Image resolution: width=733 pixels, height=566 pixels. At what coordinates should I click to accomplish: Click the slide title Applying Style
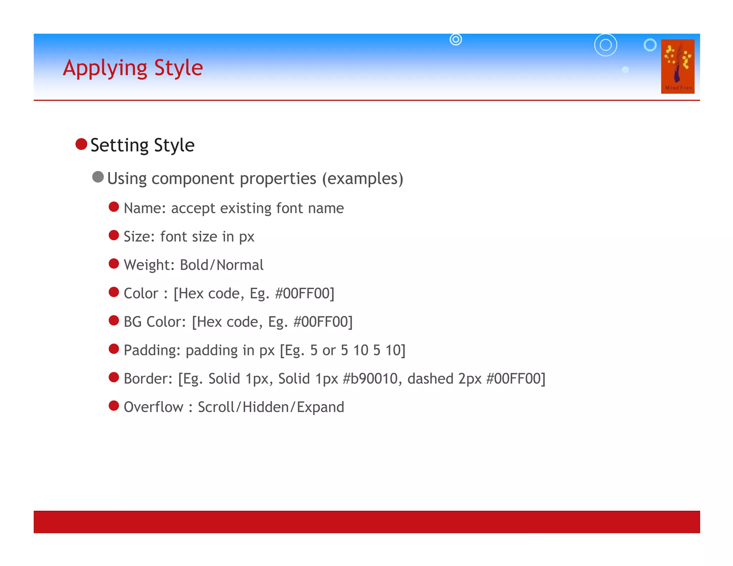133,68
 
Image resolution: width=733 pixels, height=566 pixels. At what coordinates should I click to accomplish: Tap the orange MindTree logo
678,67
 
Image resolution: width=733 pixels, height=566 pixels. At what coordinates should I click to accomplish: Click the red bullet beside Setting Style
82,144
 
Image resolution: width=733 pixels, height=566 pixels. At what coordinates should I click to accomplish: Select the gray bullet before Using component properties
98,177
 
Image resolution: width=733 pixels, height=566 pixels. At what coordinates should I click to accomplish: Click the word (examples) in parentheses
363,179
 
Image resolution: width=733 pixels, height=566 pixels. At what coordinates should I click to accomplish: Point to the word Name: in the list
145,208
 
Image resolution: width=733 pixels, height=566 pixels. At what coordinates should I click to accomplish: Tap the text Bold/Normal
222,265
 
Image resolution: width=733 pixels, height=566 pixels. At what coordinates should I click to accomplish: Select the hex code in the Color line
304,293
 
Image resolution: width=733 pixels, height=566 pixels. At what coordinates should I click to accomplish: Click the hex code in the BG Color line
322,322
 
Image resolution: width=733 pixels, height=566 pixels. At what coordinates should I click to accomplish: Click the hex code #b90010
370,379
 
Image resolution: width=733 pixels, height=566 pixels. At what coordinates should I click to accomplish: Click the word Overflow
153,407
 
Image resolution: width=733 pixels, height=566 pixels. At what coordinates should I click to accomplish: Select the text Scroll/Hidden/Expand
271,407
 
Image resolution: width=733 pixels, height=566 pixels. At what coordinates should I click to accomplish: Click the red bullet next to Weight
114,264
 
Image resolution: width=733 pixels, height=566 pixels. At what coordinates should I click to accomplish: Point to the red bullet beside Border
114,377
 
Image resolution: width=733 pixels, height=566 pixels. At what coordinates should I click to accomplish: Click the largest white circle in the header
606,45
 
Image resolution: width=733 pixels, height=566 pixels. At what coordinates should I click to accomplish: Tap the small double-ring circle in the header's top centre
456,39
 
